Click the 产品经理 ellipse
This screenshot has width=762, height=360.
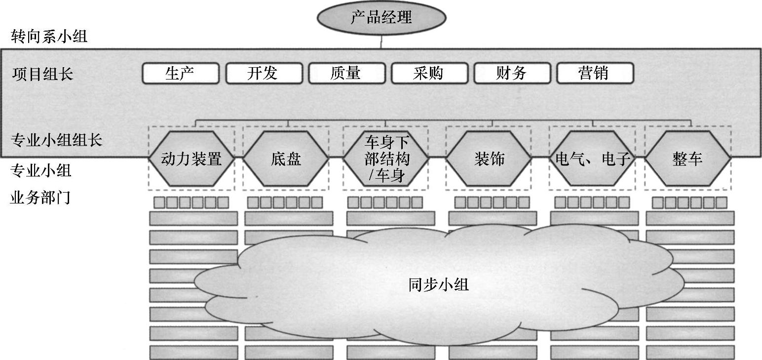(x=381, y=18)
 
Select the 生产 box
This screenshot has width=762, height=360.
(x=180, y=74)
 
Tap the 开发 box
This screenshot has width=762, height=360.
(x=263, y=74)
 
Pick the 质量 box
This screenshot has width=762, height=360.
(x=346, y=74)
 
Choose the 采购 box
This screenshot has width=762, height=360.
(x=429, y=74)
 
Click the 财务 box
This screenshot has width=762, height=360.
(x=512, y=74)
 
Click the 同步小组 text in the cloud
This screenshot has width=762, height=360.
(x=438, y=285)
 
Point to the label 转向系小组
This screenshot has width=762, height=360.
(x=48, y=36)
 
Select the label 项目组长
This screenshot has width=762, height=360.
(x=42, y=74)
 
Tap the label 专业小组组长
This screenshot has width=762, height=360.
(x=56, y=140)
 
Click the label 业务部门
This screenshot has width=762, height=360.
(x=40, y=198)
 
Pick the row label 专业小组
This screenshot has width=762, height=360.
(x=40, y=171)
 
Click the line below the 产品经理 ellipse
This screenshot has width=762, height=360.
(x=381, y=42)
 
